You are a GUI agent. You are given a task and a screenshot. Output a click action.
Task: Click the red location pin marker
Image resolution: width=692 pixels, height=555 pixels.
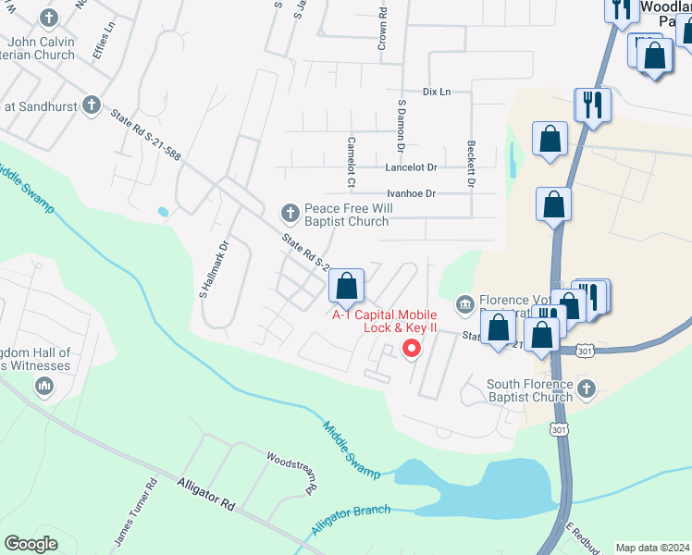click(x=410, y=349)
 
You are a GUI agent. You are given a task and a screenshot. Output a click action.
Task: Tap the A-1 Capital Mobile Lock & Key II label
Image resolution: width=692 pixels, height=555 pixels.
click(x=385, y=322)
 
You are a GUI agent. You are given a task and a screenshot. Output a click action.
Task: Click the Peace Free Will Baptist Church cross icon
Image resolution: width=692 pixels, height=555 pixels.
click(x=290, y=215)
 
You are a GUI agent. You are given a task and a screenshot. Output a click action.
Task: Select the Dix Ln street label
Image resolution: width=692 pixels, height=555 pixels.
click(x=436, y=92)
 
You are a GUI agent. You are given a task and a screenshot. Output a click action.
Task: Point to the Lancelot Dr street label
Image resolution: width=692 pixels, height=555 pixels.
click(x=411, y=167)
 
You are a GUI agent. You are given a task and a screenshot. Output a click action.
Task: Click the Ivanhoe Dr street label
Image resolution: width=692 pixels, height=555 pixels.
click(x=411, y=193)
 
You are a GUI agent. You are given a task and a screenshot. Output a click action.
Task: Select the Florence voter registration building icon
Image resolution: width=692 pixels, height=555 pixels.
click(x=465, y=303)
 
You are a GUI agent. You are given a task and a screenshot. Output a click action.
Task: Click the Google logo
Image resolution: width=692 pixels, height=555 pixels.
click(x=31, y=544)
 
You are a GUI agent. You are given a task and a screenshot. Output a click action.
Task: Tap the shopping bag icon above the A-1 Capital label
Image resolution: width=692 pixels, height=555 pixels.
click(x=346, y=286)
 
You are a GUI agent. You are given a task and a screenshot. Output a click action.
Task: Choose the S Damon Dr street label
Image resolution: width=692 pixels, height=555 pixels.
click(x=402, y=127)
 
